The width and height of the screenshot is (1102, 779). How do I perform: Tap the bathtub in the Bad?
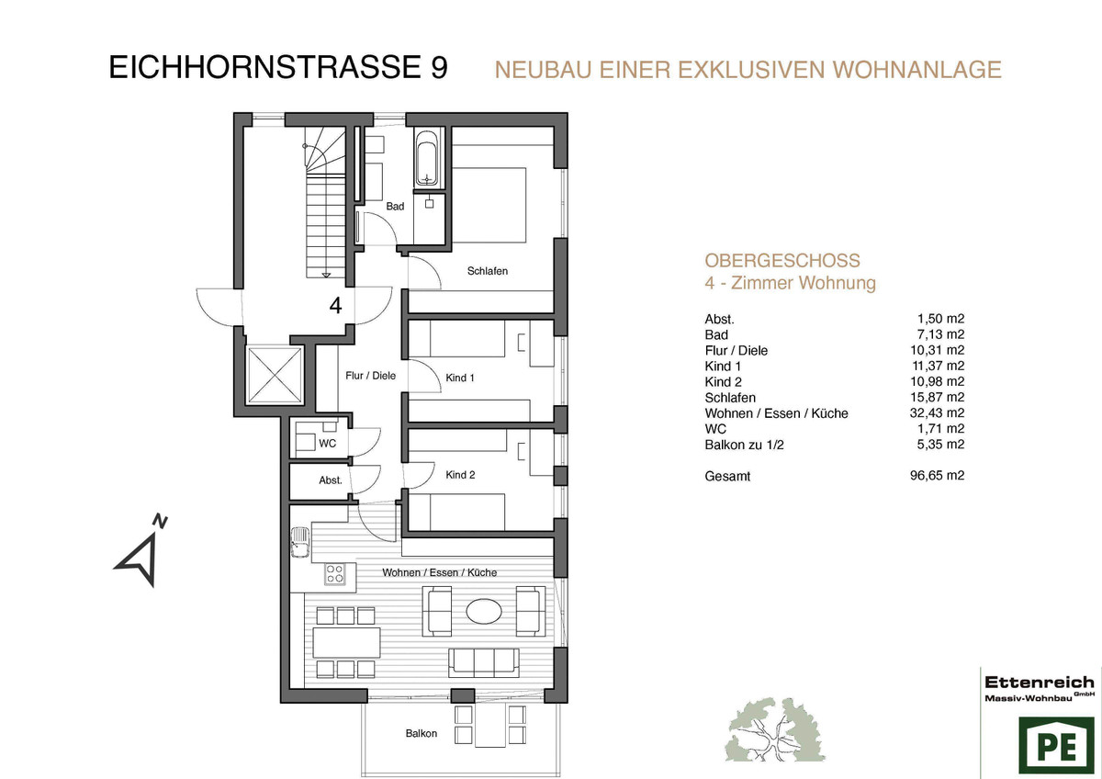[x=426, y=158]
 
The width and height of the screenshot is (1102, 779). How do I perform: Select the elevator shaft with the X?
[x=275, y=375]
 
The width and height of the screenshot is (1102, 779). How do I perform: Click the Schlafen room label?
[x=487, y=271]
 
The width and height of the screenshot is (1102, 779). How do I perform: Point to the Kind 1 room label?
[x=460, y=378]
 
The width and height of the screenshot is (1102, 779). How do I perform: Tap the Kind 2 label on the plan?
[x=460, y=475]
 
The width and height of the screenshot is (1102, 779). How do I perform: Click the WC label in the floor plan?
[x=327, y=444]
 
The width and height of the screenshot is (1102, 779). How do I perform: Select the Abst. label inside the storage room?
[x=330, y=480]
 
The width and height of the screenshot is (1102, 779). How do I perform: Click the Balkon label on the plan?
[x=422, y=733]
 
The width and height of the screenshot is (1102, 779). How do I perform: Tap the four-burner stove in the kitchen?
[x=335, y=574]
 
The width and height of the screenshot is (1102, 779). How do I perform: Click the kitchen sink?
[x=299, y=542]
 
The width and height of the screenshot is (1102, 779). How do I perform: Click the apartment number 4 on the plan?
[x=335, y=306]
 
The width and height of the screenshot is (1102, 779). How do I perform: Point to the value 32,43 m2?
[x=937, y=412]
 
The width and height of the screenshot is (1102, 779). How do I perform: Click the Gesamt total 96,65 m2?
[x=937, y=476]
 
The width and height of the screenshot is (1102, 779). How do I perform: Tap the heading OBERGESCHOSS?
[x=782, y=260]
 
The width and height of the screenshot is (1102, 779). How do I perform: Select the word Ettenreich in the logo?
[x=1039, y=683]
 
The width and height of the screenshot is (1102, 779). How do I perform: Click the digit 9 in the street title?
[x=439, y=67]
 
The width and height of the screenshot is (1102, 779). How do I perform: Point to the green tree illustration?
[x=775, y=730]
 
